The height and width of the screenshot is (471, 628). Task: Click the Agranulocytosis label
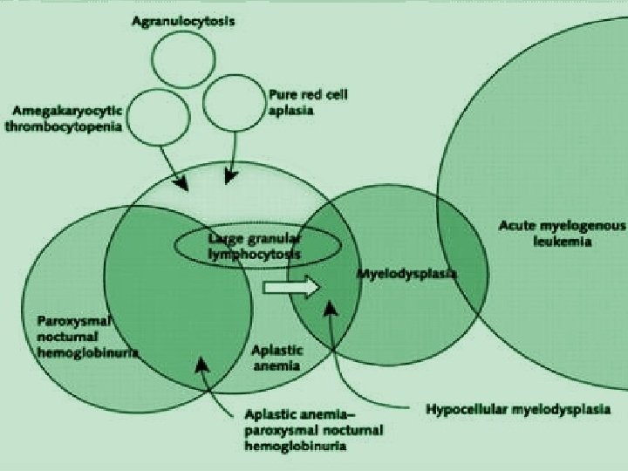183,20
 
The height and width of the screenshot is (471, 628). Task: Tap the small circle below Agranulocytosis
183,58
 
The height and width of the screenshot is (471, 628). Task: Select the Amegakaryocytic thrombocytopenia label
68,119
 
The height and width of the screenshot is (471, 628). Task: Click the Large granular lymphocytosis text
254,246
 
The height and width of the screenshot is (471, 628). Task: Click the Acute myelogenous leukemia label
562,233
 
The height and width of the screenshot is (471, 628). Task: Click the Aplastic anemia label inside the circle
277,358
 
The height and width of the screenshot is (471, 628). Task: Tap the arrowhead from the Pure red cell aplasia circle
229,177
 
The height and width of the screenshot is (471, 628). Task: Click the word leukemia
562,241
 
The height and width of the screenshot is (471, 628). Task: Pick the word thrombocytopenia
68,126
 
